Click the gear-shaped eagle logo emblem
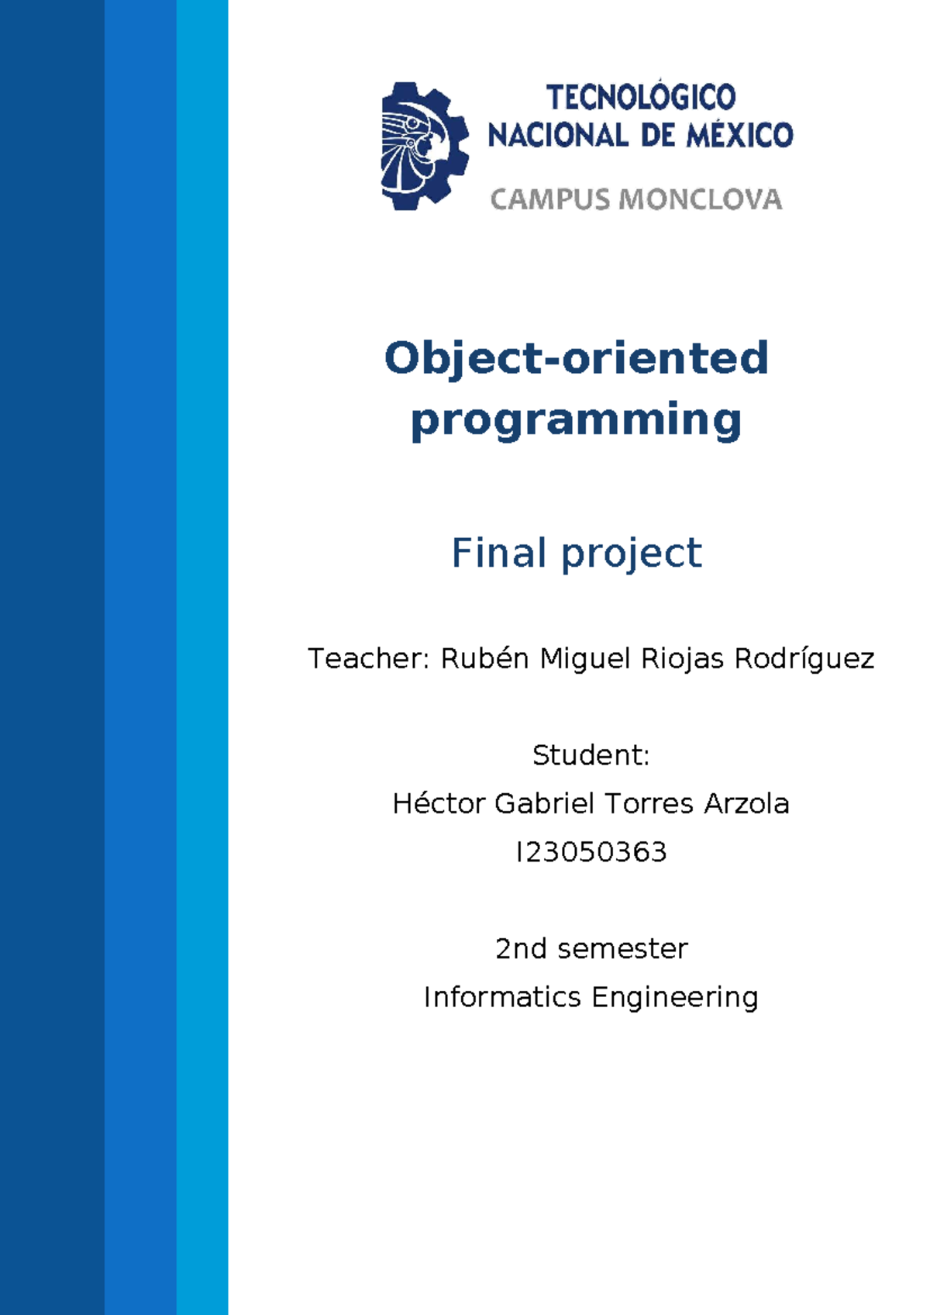(424, 147)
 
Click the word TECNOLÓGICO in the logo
(641, 98)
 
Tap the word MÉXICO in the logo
(739, 136)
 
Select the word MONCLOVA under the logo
(701, 199)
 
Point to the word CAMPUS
(549, 199)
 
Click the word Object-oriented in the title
(576, 358)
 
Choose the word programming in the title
(576, 421)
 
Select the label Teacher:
(368, 658)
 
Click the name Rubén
(484, 658)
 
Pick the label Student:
(591, 755)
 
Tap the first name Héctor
(439, 803)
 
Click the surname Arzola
(746, 803)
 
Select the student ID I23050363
(591, 852)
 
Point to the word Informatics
(501, 997)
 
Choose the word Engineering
(674, 998)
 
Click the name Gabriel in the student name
(544, 803)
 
